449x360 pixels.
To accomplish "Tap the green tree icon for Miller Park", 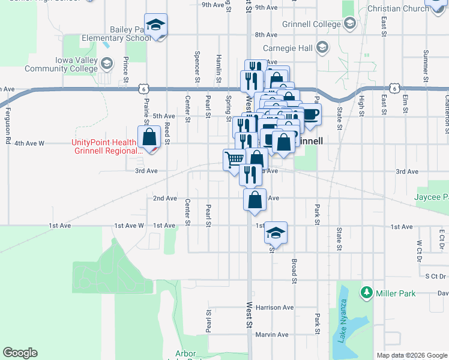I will [x=366, y=292].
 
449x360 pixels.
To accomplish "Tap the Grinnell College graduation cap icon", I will [x=350, y=24].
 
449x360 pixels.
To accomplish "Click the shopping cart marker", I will [x=234, y=160].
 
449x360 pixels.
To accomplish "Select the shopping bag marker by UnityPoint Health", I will [x=148, y=137].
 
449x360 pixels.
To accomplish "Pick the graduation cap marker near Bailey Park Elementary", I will [x=156, y=25].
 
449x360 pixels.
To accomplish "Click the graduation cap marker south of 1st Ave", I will [x=276, y=232].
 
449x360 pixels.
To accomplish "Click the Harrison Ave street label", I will [x=274, y=307].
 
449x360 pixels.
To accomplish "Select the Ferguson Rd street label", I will [x=8, y=116].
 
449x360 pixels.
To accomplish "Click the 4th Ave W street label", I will [x=29, y=143].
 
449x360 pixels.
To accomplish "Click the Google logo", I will [x=20, y=353].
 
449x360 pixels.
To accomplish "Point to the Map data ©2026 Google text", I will [x=411, y=355].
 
